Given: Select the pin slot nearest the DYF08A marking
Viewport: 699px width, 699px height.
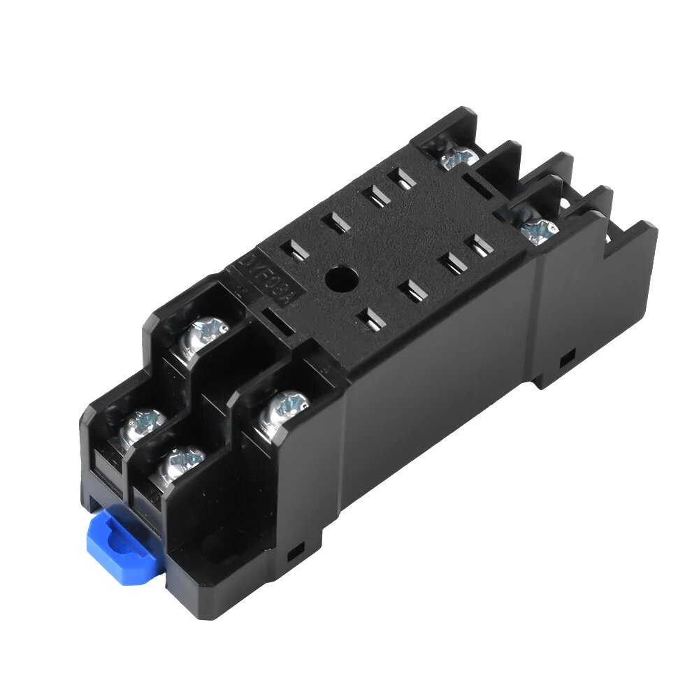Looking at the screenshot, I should [296, 250].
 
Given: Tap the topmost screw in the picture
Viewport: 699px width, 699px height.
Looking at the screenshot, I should [458, 158].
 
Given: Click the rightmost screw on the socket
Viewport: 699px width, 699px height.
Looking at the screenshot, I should [539, 228].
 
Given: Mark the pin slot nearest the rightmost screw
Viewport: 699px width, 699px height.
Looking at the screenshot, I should [479, 245].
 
